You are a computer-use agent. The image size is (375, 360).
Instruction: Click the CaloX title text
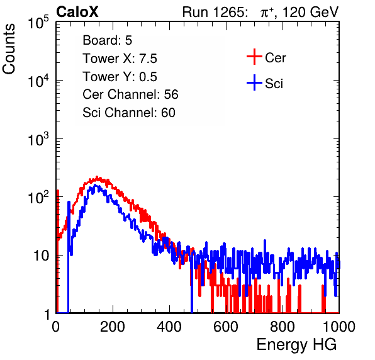(77, 11)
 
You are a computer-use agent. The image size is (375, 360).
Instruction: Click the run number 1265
(229, 12)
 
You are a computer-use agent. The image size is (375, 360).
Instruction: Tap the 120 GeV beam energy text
(310, 12)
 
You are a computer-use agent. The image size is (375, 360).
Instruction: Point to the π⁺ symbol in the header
(267, 13)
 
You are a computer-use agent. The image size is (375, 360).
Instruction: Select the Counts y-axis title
(9, 49)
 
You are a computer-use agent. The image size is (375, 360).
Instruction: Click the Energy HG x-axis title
(296, 344)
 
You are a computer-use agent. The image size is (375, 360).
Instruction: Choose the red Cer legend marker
(254, 57)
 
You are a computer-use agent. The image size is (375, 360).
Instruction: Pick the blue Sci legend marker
(254, 82)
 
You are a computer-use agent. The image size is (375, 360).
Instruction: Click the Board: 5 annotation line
(107, 40)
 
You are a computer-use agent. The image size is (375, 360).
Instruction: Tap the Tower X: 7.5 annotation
(120, 59)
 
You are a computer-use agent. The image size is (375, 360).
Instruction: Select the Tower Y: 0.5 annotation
(120, 77)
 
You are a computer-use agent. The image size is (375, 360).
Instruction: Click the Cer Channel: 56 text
(130, 94)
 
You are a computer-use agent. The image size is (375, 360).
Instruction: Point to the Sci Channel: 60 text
(129, 113)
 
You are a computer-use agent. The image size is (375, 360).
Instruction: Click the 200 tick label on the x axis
(113, 327)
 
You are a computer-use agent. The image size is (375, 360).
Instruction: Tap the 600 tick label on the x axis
(226, 327)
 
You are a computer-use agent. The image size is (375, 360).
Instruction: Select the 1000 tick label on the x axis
(339, 327)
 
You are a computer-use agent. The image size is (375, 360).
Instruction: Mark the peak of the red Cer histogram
(97, 177)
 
